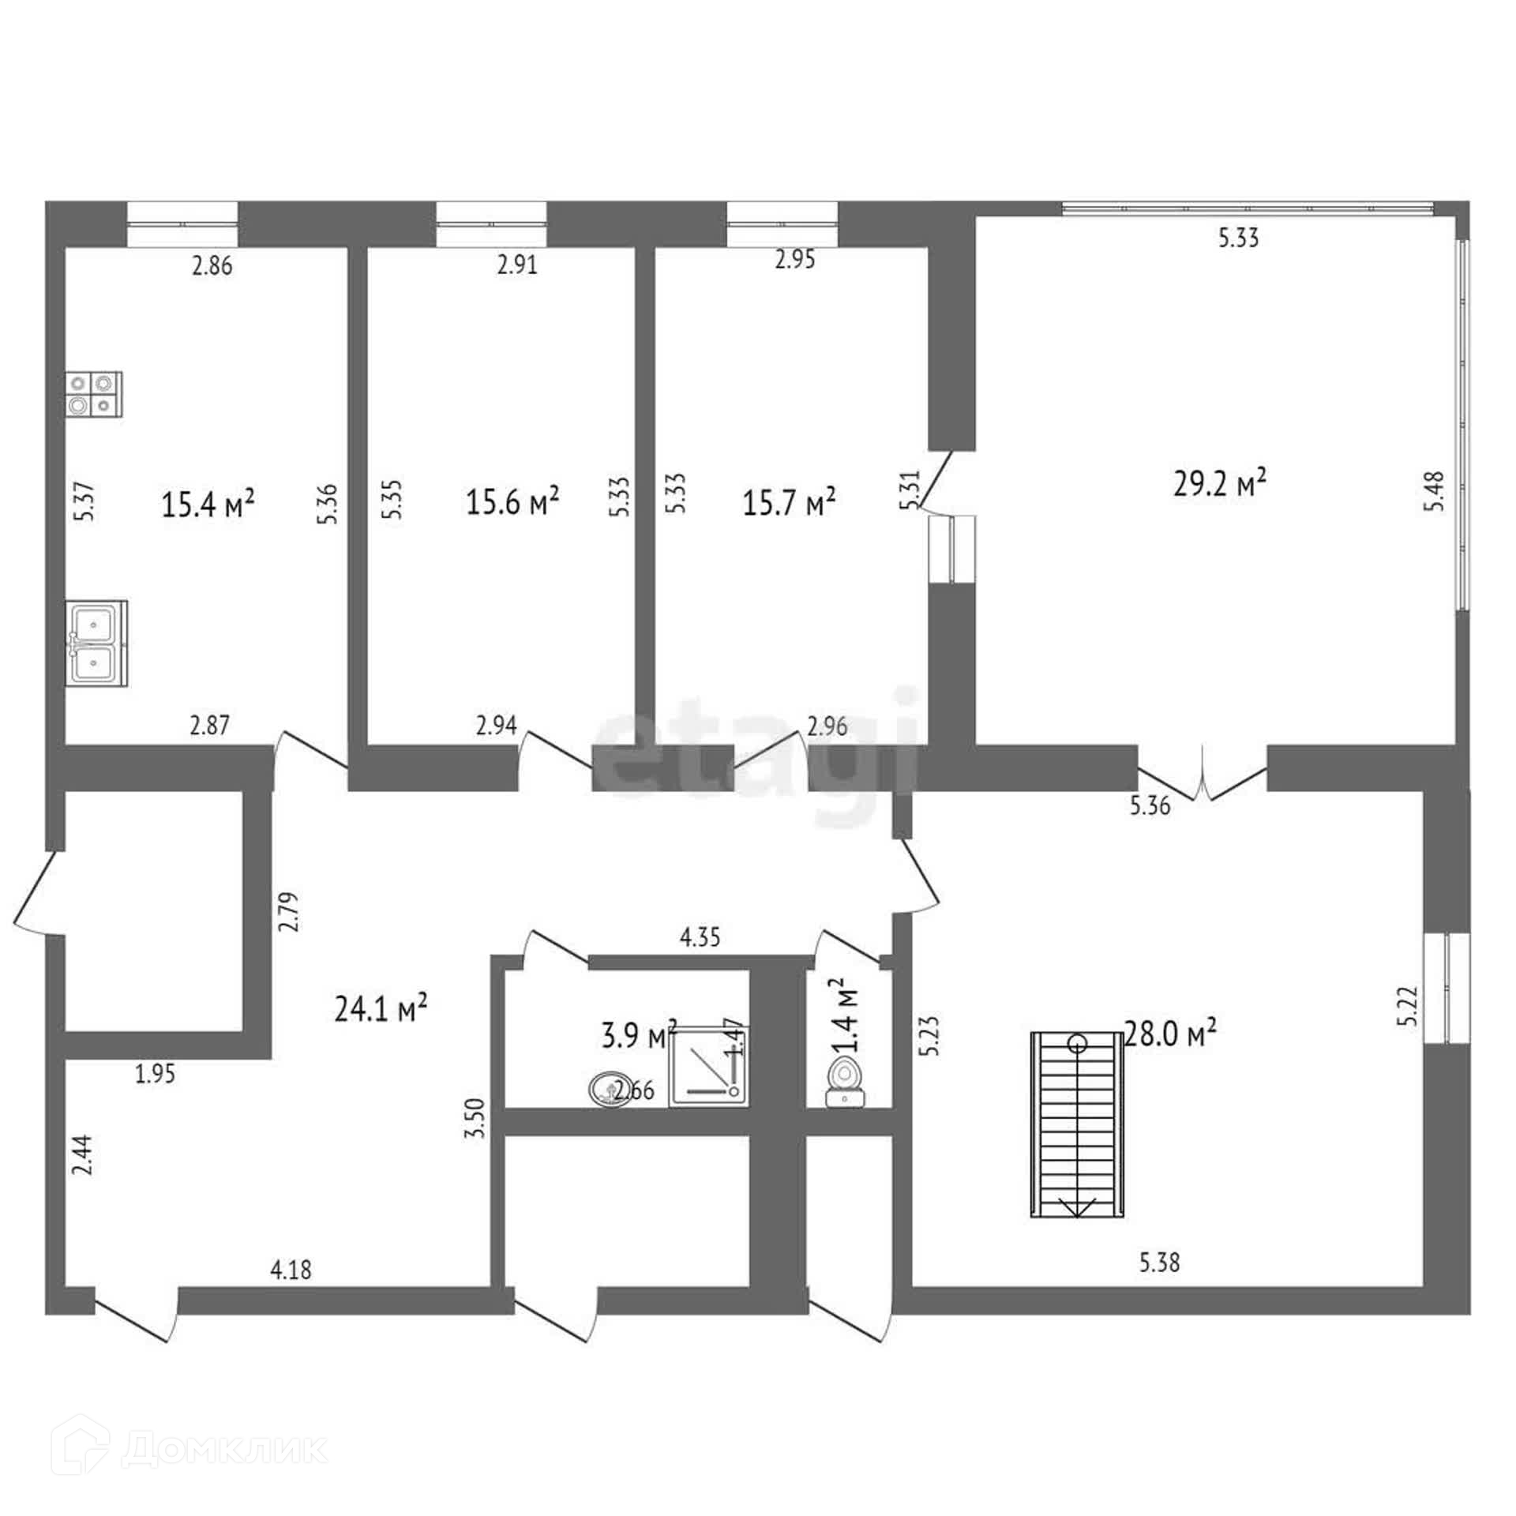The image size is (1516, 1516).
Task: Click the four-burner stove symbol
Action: tap(94, 394)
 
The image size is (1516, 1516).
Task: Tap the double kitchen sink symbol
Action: tap(96, 642)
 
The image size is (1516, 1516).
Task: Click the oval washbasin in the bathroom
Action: tap(609, 1090)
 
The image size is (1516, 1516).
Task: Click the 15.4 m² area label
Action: tap(208, 504)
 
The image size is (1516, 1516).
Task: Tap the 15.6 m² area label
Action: tap(513, 501)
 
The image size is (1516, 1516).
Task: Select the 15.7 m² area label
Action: tap(789, 502)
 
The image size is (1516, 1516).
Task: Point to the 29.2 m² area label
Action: tap(1220, 483)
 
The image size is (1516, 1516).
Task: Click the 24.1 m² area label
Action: tap(381, 1008)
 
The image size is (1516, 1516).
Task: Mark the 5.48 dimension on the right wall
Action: tap(1435, 490)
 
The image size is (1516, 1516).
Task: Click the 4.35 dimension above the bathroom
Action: tap(700, 937)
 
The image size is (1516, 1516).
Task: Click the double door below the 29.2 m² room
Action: tap(1202, 773)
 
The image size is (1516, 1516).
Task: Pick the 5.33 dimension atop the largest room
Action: tap(1238, 238)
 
